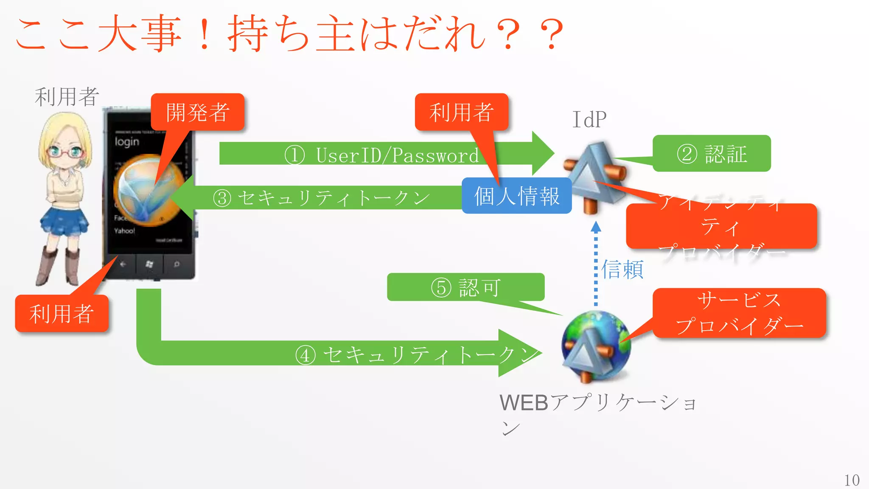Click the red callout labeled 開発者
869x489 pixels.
[x=197, y=112]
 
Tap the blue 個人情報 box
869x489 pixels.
[x=516, y=196]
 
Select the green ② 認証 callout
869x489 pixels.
[x=712, y=154]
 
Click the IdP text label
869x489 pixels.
[x=589, y=120]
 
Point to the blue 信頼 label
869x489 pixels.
[x=622, y=270]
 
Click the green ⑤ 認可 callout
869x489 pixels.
[x=465, y=287]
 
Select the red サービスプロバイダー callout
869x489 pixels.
[x=739, y=313]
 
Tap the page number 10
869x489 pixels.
[x=852, y=480]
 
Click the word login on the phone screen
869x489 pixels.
[x=126, y=141]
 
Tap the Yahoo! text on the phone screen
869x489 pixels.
[x=124, y=231]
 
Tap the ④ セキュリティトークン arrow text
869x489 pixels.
[x=418, y=354]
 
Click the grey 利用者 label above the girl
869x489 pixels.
[x=67, y=97]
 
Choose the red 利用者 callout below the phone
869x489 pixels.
[x=62, y=314]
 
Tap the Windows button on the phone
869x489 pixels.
[x=149, y=264]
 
